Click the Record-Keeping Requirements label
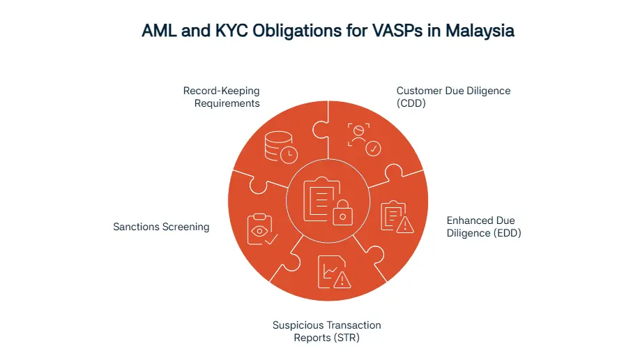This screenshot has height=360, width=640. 221,97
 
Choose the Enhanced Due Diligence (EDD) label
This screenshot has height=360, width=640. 484,227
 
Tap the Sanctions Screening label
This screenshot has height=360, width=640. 161,227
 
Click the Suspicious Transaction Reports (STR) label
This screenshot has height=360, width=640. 326,331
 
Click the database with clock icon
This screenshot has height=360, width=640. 280,146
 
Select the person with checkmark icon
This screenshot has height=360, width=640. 363,138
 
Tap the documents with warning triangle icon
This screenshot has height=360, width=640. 395,216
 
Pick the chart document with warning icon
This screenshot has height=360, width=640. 333,271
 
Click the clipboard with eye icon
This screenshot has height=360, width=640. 262,229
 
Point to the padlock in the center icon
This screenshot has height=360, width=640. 342,215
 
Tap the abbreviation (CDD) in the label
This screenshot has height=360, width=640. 412,103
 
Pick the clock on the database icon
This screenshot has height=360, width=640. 289,153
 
